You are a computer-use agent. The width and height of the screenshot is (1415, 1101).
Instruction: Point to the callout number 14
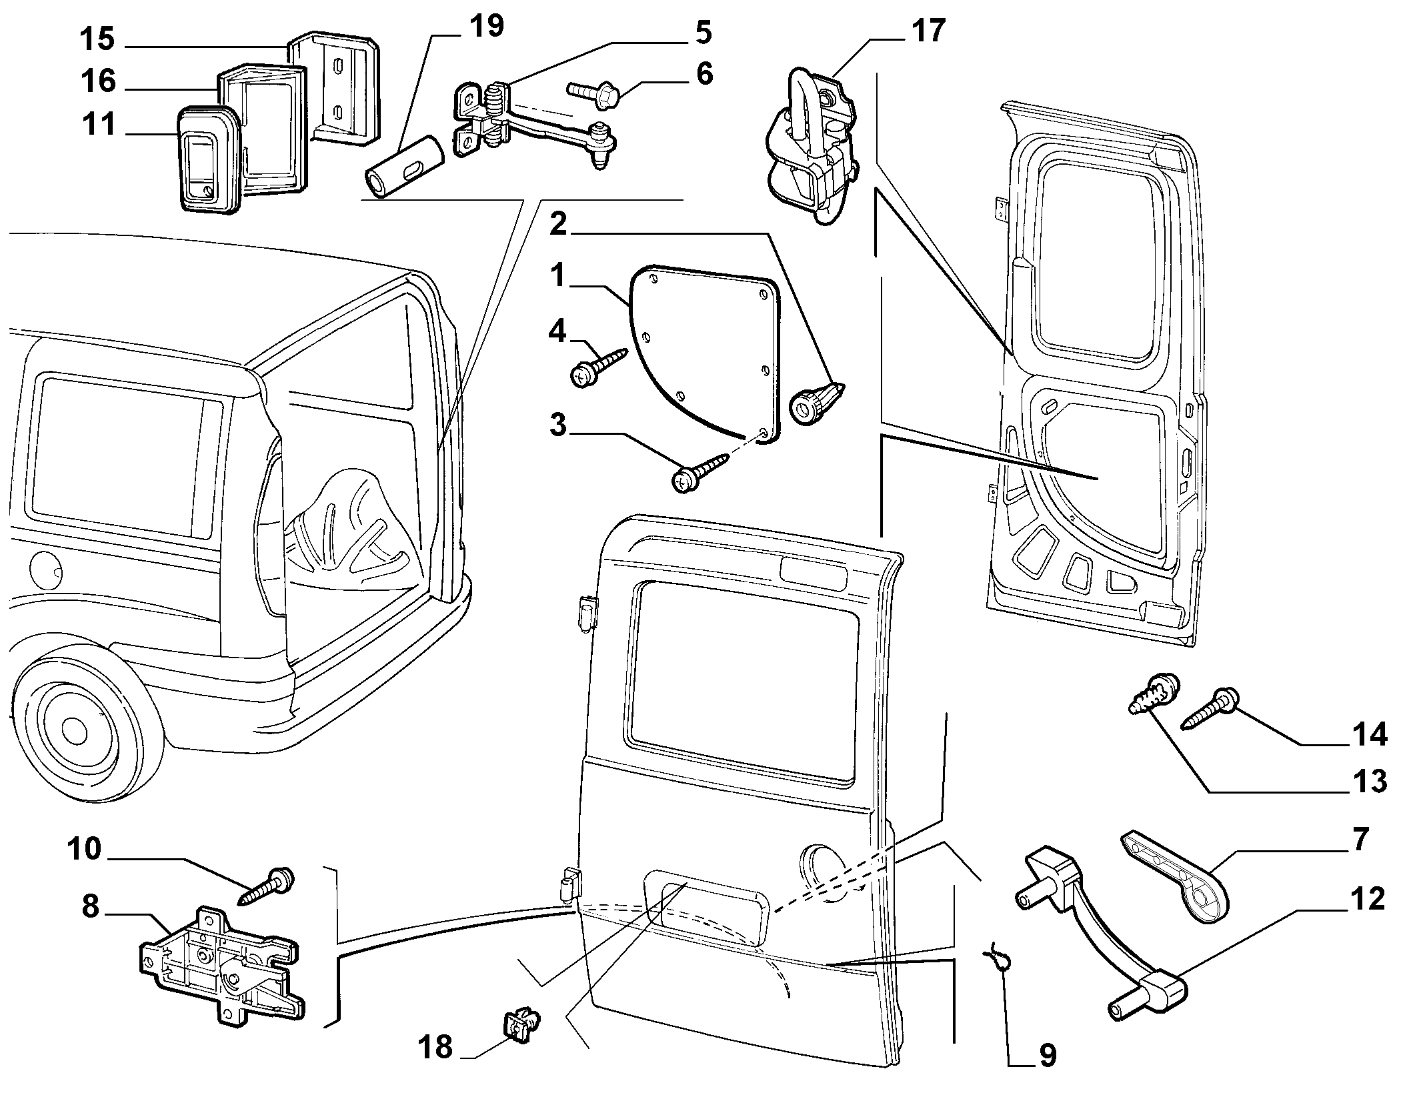tap(1370, 735)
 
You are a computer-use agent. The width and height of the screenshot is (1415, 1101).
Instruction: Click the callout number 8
tap(90, 907)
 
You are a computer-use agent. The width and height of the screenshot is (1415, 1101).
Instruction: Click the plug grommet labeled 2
tap(815, 401)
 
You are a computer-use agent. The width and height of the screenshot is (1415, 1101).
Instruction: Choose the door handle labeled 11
tap(207, 159)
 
